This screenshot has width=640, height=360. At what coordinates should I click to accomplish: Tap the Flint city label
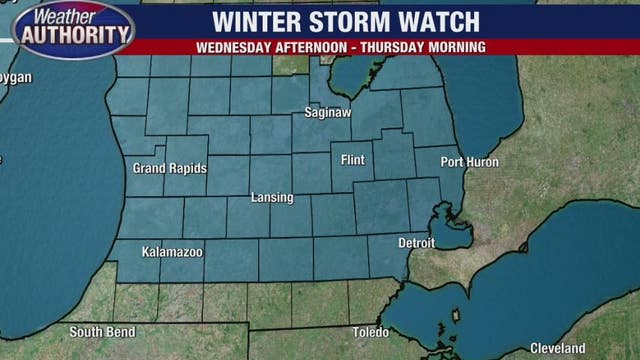[353, 160]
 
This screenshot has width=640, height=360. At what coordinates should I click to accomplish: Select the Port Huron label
[468, 162]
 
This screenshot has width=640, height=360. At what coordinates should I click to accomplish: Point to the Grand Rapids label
[169, 168]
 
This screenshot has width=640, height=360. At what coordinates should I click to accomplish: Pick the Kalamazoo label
[171, 252]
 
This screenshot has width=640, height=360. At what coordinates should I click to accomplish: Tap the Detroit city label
[416, 243]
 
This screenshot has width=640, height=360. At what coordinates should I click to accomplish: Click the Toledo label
[371, 331]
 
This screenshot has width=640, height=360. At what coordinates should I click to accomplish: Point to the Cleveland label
[557, 348]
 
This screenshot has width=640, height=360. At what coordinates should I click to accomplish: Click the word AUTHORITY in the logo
[75, 35]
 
